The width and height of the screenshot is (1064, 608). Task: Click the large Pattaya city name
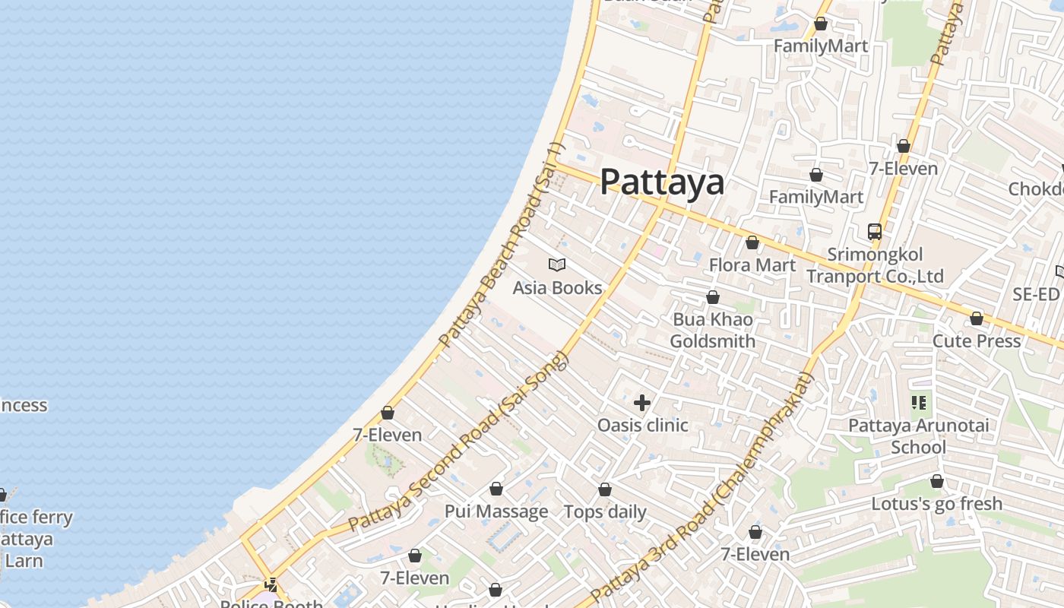[662, 182]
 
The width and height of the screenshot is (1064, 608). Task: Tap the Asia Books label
[557, 288]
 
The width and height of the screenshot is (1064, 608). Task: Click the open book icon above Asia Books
[557, 264]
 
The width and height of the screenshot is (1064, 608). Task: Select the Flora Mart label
[752, 265]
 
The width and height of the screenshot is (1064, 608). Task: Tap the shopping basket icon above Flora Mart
[752, 242]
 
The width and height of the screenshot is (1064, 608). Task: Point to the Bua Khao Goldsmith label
[713, 330]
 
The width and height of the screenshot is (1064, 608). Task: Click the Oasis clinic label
[642, 425]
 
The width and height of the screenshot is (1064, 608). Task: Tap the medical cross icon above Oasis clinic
[642, 402]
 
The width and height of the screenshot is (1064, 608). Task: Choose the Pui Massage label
[496, 511]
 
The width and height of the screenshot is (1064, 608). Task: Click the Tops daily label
[605, 511]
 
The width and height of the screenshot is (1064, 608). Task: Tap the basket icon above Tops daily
[605, 489]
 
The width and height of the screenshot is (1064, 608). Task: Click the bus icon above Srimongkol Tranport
[875, 231]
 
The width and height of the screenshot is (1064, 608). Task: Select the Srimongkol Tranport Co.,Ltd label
[875, 265]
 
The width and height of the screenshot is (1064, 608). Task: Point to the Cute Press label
[977, 340]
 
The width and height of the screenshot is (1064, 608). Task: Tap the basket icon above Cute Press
[977, 318]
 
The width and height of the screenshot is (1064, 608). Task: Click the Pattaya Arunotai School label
[918, 435]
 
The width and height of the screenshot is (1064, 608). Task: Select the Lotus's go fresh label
[936, 504]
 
